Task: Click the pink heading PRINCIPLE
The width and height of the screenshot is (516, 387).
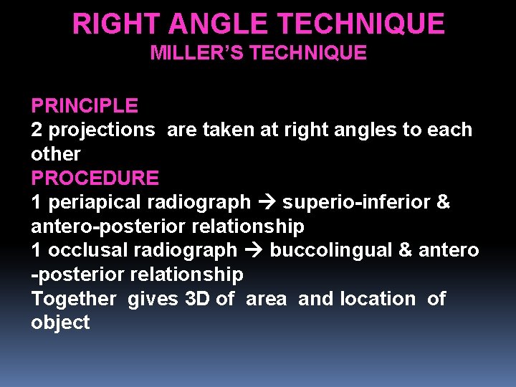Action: coord(85,106)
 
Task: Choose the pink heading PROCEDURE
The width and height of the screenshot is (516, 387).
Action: coord(95,178)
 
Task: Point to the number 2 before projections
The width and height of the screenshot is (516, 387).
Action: coord(37,130)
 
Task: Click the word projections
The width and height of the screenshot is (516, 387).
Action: coord(101,130)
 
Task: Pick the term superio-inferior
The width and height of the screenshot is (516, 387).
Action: coord(355,203)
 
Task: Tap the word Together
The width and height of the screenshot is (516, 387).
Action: coord(74,298)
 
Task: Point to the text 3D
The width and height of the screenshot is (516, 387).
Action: coord(198,298)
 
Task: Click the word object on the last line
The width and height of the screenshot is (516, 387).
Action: coord(60,322)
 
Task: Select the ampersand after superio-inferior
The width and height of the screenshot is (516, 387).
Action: coord(443,203)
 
